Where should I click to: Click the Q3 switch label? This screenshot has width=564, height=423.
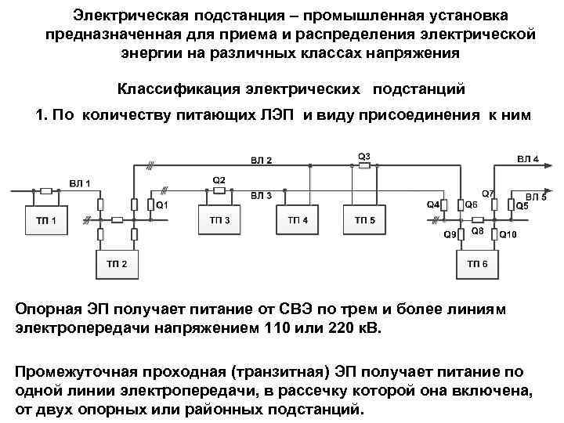click(363, 155)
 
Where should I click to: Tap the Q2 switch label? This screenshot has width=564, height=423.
click(219, 180)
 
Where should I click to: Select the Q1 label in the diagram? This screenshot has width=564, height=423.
click(162, 205)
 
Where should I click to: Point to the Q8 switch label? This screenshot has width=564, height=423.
click(477, 232)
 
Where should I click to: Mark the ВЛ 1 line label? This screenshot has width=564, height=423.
click(80, 183)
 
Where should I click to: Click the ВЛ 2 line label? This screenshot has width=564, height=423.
click(261, 161)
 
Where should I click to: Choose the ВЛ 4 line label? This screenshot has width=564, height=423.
click(527, 159)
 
